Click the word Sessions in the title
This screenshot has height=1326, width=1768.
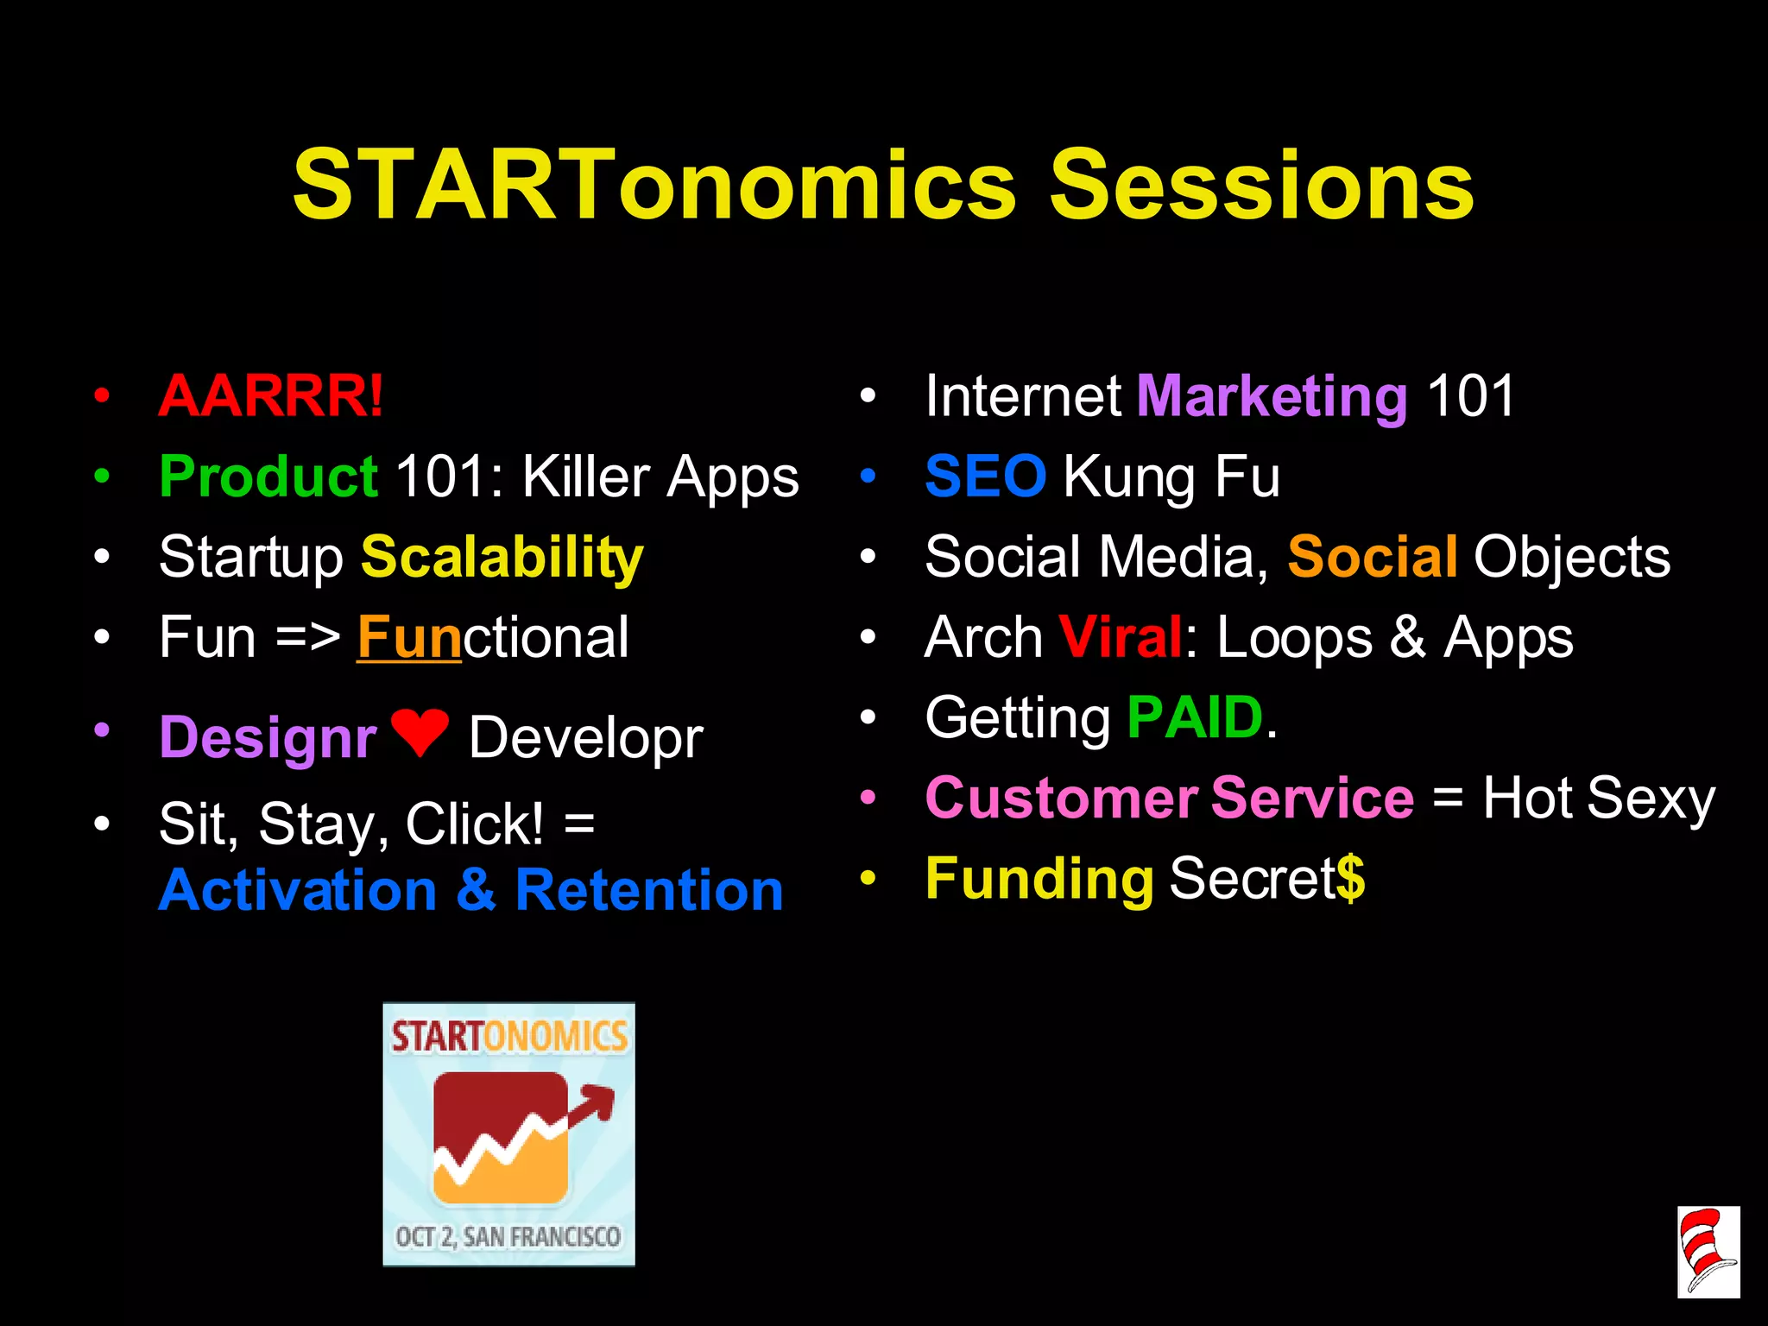click(x=1261, y=185)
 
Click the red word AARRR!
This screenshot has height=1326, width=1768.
click(x=271, y=396)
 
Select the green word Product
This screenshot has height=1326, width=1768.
click(x=268, y=477)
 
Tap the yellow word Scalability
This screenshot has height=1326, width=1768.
click(x=502, y=558)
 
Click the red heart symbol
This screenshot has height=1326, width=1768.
click(x=420, y=732)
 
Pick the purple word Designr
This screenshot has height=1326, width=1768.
click(x=268, y=739)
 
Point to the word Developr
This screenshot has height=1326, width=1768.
click(x=585, y=739)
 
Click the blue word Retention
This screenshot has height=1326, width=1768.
click(x=649, y=890)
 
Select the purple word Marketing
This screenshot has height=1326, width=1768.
click(x=1272, y=396)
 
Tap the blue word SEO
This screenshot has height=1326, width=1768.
click(x=985, y=477)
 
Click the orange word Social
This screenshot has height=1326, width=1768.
click(x=1373, y=557)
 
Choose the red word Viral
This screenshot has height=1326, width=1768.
click(x=1120, y=637)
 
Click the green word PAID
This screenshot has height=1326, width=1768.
click(x=1196, y=717)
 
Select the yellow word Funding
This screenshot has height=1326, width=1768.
click(x=1039, y=879)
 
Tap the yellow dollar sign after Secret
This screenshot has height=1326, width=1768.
click(x=1351, y=879)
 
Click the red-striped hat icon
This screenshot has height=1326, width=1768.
click(x=1708, y=1251)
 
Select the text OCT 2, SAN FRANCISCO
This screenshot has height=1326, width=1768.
click(x=508, y=1237)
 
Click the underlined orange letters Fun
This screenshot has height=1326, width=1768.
click(x=409, y=639)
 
